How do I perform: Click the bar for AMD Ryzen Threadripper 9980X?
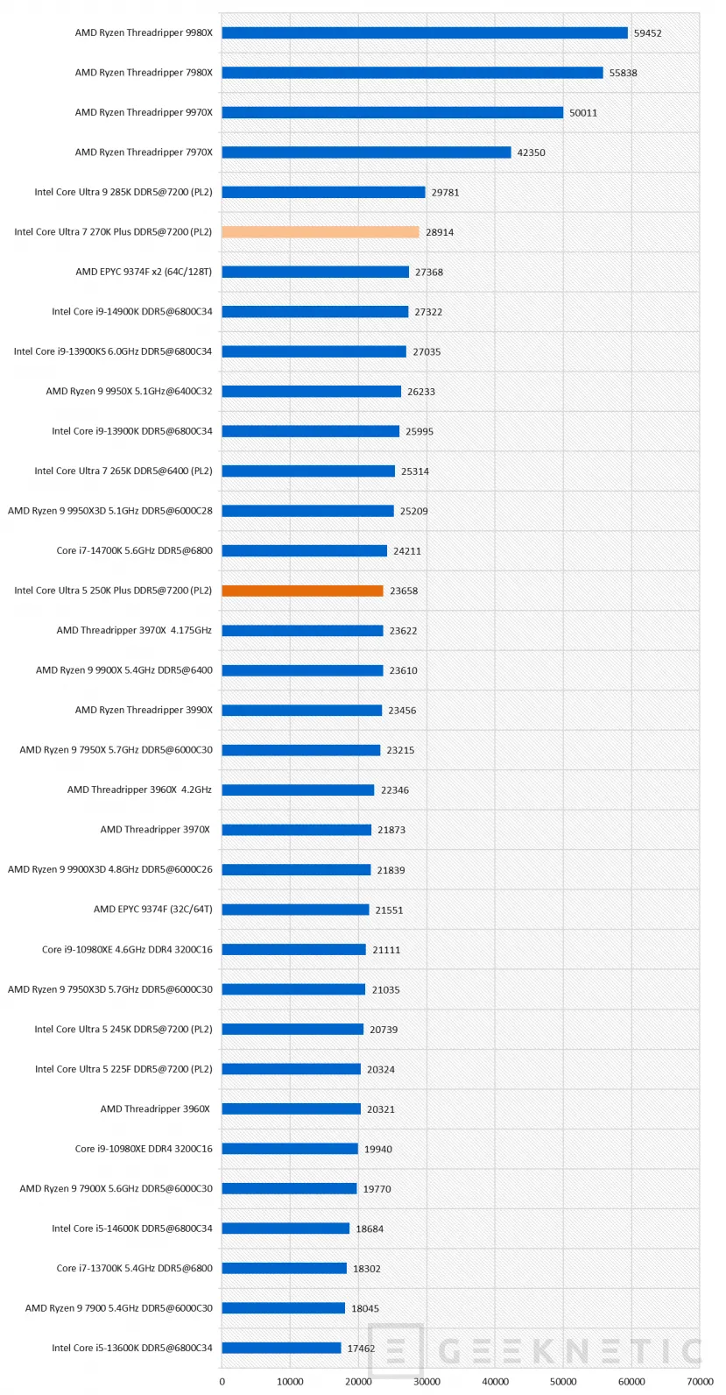(425, 33)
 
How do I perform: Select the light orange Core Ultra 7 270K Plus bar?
(321, 232)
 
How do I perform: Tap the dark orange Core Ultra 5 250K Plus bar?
(302, 591)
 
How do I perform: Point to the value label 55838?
(623, 74)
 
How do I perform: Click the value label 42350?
(531, 152)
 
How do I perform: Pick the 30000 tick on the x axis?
(426, 1382)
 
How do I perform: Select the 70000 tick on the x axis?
(699, 1382)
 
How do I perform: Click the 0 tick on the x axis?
(222, 1382)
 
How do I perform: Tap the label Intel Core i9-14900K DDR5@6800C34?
(131, 312)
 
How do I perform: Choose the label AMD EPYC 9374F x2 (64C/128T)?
(144, 272)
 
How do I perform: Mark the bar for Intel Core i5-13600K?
(281, 1348)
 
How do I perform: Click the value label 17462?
(361, 1349)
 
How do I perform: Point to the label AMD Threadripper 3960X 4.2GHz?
(139, 790)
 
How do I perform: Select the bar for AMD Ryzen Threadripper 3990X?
(301, 711)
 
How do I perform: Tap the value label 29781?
(445, 193)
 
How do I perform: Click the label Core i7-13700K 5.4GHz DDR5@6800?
(134, 1268)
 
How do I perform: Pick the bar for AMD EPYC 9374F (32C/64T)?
(295, 910)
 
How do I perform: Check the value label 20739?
(384, 1030)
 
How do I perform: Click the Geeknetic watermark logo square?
(395, 1351)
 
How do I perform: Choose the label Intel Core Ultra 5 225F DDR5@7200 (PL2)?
(123, 1069)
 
